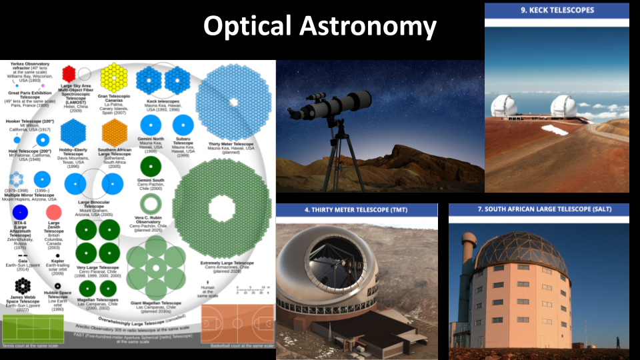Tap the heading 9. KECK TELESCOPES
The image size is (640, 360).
coord(557,10)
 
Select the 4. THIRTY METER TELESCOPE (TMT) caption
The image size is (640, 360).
coord(357,210)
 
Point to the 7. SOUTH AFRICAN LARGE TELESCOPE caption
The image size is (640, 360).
coord(539,210)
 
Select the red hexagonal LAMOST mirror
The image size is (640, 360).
coord(69,73)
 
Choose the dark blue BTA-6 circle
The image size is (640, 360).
coord(20,213)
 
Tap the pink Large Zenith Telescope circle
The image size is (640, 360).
coord(54,213)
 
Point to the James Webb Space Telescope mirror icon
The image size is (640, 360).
coord(21,286)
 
